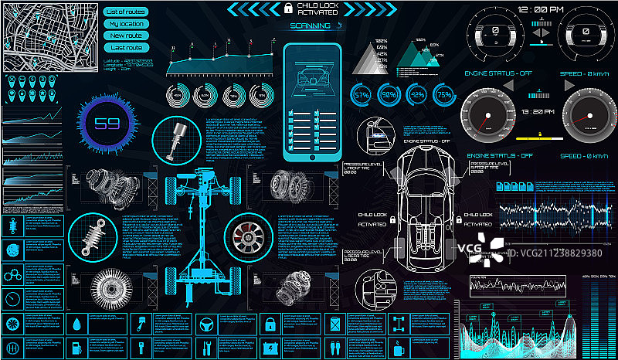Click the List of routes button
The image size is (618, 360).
point(125,12)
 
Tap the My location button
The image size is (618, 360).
point(125,23)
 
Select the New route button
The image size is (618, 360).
point(125,36)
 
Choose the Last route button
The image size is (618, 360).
point(125,48)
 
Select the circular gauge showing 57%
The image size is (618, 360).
point(362,94)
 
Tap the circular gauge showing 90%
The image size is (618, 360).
point(389,94)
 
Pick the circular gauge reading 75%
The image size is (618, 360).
point(444,94)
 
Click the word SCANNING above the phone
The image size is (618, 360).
point(307,25)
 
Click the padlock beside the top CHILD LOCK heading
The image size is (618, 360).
point(287,8)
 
